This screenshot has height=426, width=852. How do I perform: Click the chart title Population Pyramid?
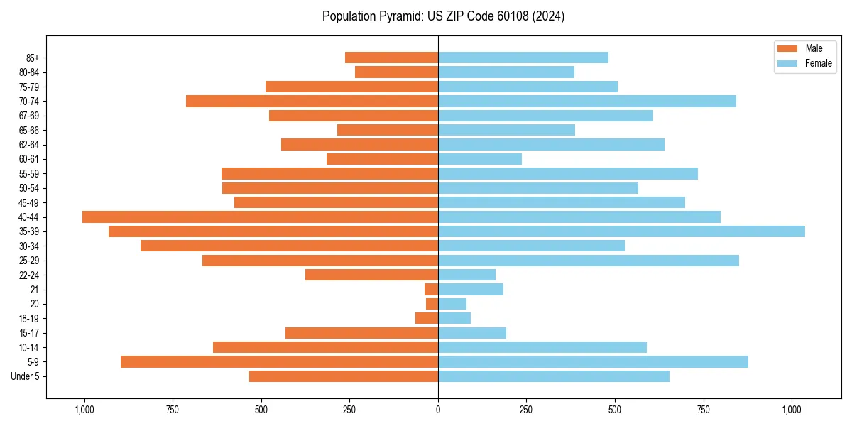(443, 16)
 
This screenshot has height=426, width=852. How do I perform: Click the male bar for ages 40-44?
(260, 217)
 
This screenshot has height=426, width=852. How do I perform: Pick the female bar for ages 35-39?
(621, 231)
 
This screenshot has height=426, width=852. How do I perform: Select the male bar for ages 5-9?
(279, 361)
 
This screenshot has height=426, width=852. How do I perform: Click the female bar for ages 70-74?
(587, 101)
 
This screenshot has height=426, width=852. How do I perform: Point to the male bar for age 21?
(431, 289)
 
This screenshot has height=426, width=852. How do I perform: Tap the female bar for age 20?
(452, 304)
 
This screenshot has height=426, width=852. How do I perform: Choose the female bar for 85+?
(523, 58)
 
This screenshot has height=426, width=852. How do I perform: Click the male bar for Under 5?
(344, 376)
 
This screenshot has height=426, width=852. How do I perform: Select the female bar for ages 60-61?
(480, 159)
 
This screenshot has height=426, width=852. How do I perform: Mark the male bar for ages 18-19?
(427, 318)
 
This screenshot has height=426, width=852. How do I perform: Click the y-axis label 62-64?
(29, 145)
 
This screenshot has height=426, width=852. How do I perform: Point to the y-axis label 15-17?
(29, 333)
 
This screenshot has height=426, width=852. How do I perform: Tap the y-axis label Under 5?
(26, 376)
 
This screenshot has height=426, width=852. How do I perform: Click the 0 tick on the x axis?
(438, 410)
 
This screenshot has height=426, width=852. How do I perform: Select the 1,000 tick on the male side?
(84, 410)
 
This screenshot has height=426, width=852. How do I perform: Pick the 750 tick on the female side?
(704, 410)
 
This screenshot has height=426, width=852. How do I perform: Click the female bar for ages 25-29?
(589, 261)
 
